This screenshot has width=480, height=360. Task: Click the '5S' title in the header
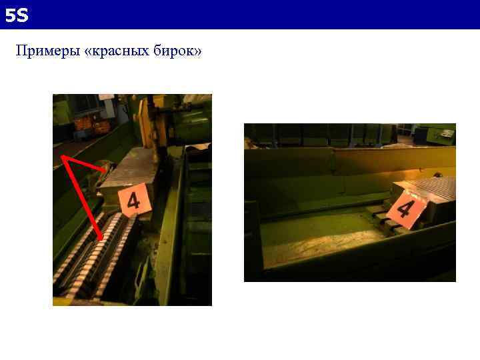pos(17,15)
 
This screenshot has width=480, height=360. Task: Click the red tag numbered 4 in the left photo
pos(134,199)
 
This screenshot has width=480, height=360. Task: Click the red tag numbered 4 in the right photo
pos(405,209)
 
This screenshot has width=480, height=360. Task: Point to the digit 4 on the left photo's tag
pos(134,199)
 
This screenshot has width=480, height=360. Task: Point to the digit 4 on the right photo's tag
pos(405,209)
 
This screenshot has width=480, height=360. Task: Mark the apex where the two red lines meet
pos(63,157)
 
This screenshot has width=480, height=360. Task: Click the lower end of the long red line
pos(101,239)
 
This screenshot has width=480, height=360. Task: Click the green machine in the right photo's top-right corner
pos(440,133)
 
